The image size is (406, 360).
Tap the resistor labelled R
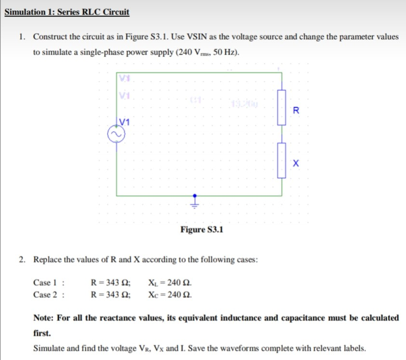click(282, 107)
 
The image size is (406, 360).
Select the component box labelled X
click(282, 160)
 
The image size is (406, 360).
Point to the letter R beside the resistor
click(296, 110)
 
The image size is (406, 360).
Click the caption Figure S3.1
click(202, 229)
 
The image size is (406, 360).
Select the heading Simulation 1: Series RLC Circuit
click(67, 12)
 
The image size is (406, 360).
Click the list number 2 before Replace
click(22, 259)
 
